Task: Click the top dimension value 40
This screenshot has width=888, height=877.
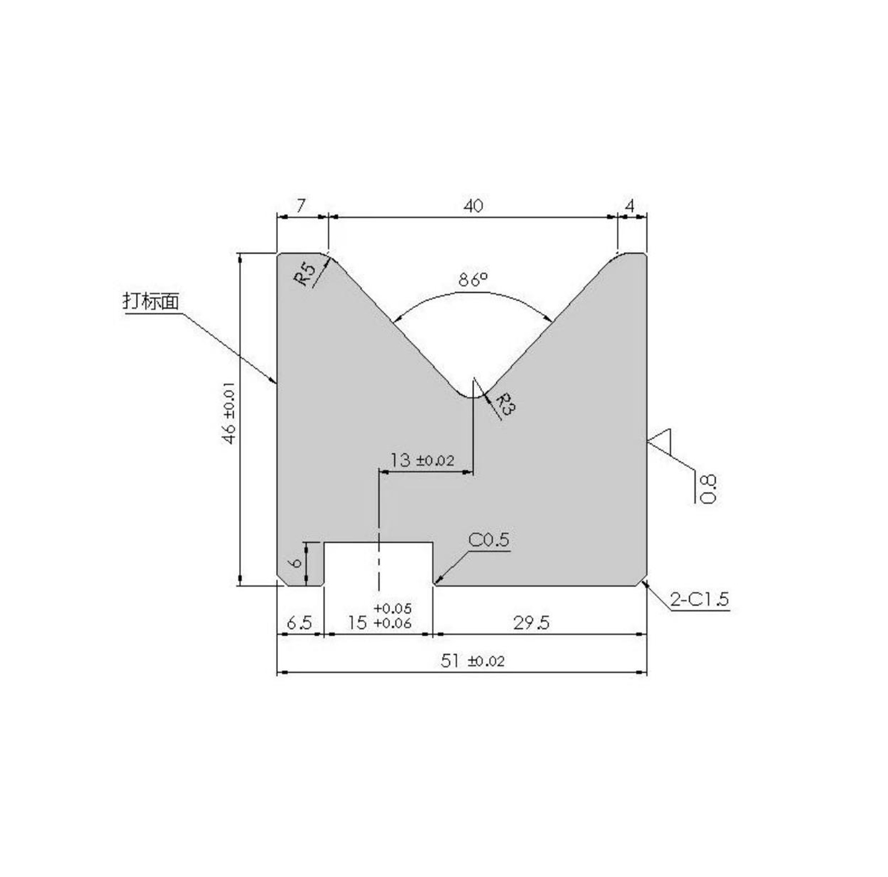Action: point(473,206)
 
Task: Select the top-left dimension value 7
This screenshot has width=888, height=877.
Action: point(300,206)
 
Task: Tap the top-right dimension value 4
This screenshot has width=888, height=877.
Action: point(630,206)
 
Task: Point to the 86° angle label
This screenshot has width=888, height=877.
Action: point(473,280)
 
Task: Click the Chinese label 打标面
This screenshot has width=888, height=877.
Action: point(151,301)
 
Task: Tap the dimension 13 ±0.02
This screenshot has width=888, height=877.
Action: point(422,461)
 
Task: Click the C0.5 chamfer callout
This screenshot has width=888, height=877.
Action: point(488,540)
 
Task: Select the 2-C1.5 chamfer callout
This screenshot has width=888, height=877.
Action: point(699,599)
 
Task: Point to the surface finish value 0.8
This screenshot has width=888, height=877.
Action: point(709,488)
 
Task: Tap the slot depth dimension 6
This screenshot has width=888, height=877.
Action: point(295,563)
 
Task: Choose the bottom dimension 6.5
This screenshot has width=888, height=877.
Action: point(299,623)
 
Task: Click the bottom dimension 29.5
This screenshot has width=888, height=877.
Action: point(532,623)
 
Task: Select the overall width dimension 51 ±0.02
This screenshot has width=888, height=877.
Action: point(473,661)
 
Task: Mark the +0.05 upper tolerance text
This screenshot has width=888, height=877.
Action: point(392,608)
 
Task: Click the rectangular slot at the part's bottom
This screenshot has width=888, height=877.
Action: point(379,563)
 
